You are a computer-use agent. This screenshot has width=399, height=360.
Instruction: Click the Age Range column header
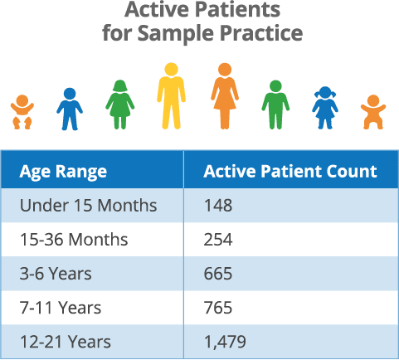coord(63,173)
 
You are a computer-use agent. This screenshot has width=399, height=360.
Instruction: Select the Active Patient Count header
coord(290,171)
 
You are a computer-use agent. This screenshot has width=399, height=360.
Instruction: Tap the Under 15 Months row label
coord(88,206)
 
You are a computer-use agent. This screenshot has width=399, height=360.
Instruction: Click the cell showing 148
coord(218,206)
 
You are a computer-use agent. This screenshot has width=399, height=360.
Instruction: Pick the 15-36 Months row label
coord(74,239)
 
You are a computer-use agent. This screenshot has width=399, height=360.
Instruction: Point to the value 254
coord(218,240)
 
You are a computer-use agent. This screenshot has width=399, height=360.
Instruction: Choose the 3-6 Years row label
coord(56,274)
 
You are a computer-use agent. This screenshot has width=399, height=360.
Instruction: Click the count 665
coord(218,274)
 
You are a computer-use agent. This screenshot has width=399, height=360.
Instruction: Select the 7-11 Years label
coord(61,308)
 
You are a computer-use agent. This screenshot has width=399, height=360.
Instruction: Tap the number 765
coord(218,308)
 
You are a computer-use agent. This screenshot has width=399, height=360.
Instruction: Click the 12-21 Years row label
coord(66,342)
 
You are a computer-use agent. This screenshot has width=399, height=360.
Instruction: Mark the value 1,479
coord(225,342)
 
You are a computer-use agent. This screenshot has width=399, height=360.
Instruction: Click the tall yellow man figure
coord(171,96)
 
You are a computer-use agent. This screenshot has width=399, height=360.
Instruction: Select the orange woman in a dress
coord(225,96)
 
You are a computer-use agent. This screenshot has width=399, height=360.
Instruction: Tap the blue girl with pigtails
coord(325,108)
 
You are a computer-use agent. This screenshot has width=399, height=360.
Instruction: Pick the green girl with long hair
coord(120,105)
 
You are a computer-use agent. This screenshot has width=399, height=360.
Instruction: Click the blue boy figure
coord(70,109)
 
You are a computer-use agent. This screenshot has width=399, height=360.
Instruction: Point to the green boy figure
coord(275,105)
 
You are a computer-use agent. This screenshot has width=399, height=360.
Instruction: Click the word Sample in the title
coord(176,33)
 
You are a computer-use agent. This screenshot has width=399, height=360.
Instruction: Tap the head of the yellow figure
coord(171,69)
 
